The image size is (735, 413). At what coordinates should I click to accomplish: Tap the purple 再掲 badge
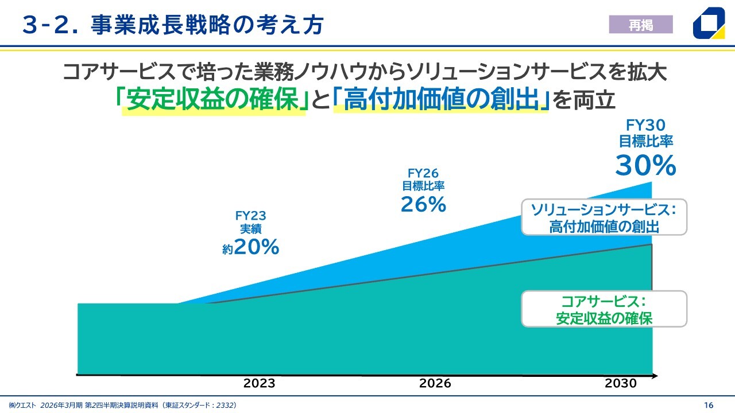(x=640, y=25)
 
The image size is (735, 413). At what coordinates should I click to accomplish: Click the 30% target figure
(x=645, y=166)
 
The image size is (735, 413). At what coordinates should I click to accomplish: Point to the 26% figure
(x=423, y=204)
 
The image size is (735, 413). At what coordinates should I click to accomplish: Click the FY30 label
(x=645, y=125)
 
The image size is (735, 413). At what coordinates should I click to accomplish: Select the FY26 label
(x=423, y=173)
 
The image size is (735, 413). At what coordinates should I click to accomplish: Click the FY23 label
(x=251, y=216)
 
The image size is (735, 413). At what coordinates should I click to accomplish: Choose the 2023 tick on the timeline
(x=259, y=383)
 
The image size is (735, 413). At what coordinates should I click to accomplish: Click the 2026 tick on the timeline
(x=435, y=383)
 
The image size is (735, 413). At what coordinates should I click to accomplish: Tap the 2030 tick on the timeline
(x=621, y=383)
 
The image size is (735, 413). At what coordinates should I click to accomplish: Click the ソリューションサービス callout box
(x=604, y=217)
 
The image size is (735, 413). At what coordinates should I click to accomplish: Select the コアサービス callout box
(x=604, y=309)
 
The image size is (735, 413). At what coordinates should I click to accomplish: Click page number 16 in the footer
(x=709, y=405)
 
